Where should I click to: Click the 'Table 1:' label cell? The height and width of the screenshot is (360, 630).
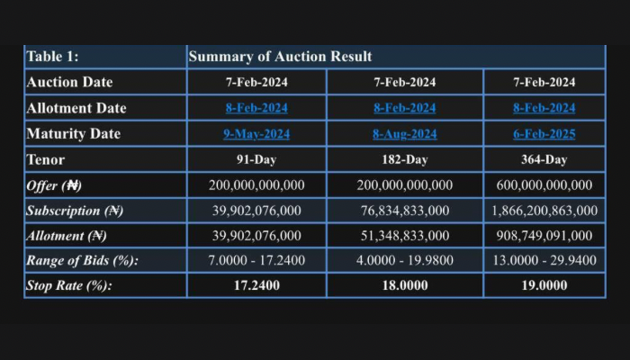pyautogui.click(x=53, y=57)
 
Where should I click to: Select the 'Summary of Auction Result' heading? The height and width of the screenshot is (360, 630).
pyautogui.click(x=280, y=57)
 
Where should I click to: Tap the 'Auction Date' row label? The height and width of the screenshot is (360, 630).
pyautogui.click(x=70, y=82)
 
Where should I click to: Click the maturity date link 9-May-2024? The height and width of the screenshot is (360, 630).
pyautogui.click(x=256, y=134)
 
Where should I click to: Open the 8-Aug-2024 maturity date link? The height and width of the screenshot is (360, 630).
pyautogui.click(x=404, y=134)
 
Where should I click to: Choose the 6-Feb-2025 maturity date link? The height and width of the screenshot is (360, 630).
pyautogui.click(x=544, y=134)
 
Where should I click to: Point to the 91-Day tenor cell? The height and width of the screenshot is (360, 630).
pyautogui.click(x=256, y=159)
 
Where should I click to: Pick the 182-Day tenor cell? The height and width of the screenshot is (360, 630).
pyautogui.click(x=404, y=159)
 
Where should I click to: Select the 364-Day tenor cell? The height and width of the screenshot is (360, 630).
pyautogui.click(x=544, y=159)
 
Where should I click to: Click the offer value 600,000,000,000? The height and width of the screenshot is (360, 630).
pyautogui.click(x=544, y=185)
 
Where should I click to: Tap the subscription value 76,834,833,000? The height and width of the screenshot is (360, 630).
pyautogui.click(x=404, y=211)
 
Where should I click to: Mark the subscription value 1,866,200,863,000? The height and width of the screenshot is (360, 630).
pyautogui.click(x=544, y=211)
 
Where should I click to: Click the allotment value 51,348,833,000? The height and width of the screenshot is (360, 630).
pyautogui.click(x=404, y=236)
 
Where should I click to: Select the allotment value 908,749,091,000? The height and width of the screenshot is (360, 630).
pyautogui.click(x=544, y=236)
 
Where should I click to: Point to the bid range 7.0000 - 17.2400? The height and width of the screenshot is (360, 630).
pyautogui.click(x=256, y=261)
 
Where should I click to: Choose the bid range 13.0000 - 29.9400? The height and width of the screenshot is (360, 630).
pyautogui.click(x=544, y=261)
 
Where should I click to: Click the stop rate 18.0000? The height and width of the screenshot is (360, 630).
pyautogui.click(x=404, y=286)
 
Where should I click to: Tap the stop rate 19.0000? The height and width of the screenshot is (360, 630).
pyautogui.click(x=544, y=286)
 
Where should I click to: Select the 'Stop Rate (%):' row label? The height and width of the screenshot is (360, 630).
pyautogui.click(x=74, y=286)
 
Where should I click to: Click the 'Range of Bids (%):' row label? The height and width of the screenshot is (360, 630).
pyautogui.click(x=83, y=261)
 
